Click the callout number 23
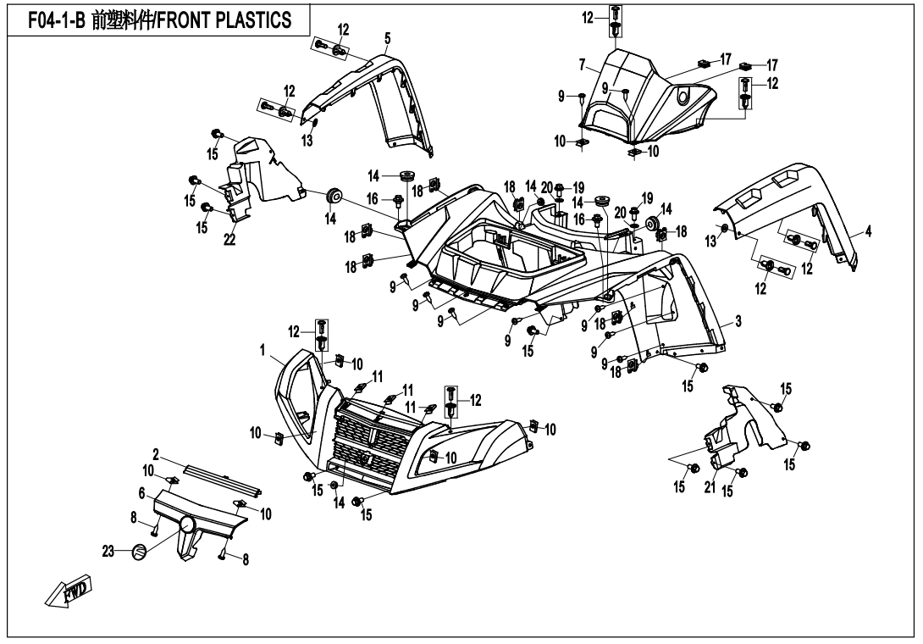[108, 552]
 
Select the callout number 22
[229, 239]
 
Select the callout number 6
[141, 491]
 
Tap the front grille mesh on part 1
[367, 445]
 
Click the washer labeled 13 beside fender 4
[725, 229]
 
